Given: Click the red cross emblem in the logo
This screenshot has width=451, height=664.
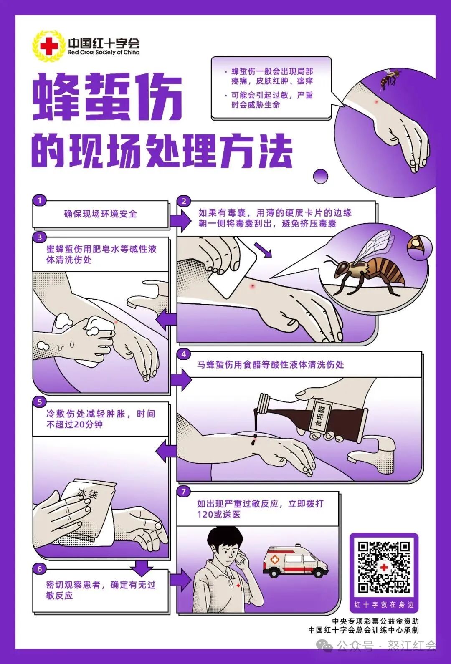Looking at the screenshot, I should pyautogui.click(x=49, y=46).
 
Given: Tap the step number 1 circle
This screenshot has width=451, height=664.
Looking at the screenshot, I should pyautogui.click(x=40, y=200).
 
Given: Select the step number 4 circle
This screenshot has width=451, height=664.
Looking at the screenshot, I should pyautogui.click(x=184, y=354).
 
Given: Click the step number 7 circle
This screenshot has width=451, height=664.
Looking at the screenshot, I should pyautogui.click(x=184, y=491).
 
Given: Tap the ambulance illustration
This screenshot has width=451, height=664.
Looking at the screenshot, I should pyautogui.click(x=295, y=561).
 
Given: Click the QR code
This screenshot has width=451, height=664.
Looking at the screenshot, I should pyautogui.click(x=384, y=567).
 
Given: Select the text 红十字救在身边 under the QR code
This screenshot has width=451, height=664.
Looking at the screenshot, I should pyautogui.click(x=384, y=604).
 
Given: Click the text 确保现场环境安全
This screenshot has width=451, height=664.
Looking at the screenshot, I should pyautogui.click(x=100, y=214).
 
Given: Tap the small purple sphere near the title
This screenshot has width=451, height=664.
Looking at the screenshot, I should pyautogui.click(x=321, y=176).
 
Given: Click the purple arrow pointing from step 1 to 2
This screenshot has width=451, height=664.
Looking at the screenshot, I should pyautogui.click(x=180, y=220).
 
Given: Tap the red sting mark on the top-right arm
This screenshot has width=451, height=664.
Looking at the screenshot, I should pyautogui.click(x=376, y=102).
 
